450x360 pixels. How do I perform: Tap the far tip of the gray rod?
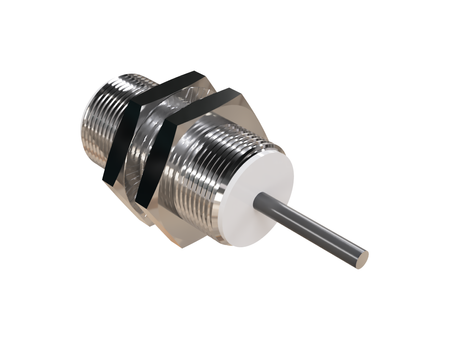(363, 260)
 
